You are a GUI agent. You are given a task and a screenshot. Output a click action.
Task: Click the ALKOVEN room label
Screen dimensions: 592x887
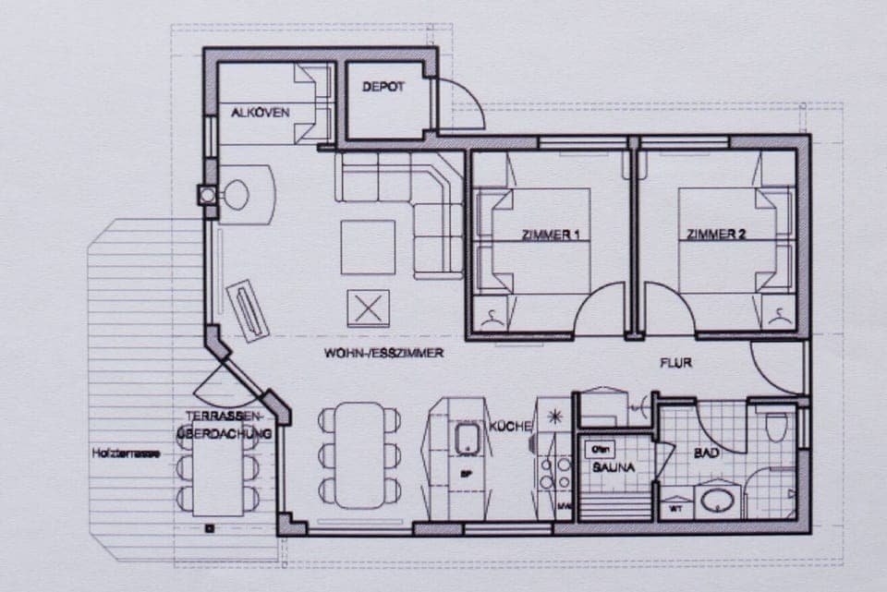tap(261, 113)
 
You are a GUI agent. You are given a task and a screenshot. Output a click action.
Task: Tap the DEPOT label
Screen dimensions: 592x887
tap(383, 87)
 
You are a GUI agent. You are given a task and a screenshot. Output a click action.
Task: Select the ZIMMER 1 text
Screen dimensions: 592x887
tap(551, 236)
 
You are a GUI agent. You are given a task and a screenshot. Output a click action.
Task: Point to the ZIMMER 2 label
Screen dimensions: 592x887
tap(716, 235)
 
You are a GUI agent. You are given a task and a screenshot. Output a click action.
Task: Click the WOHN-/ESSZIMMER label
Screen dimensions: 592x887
tap(384, 353)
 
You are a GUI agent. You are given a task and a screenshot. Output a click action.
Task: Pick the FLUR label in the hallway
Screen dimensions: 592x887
tap(675, 363)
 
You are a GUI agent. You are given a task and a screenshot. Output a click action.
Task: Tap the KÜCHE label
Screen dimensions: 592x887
tap(510, 426)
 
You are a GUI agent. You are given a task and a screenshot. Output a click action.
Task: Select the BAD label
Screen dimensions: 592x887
tap(707, 453)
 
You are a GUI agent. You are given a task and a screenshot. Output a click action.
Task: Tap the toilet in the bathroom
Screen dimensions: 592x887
tap(776, 429)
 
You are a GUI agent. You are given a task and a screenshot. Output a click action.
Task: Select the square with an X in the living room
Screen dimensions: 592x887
tap(369, 308)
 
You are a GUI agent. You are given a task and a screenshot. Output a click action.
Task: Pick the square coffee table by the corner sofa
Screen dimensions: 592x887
tap(368, 247)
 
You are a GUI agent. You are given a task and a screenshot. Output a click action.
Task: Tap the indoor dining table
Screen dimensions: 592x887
tap(359, 455)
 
